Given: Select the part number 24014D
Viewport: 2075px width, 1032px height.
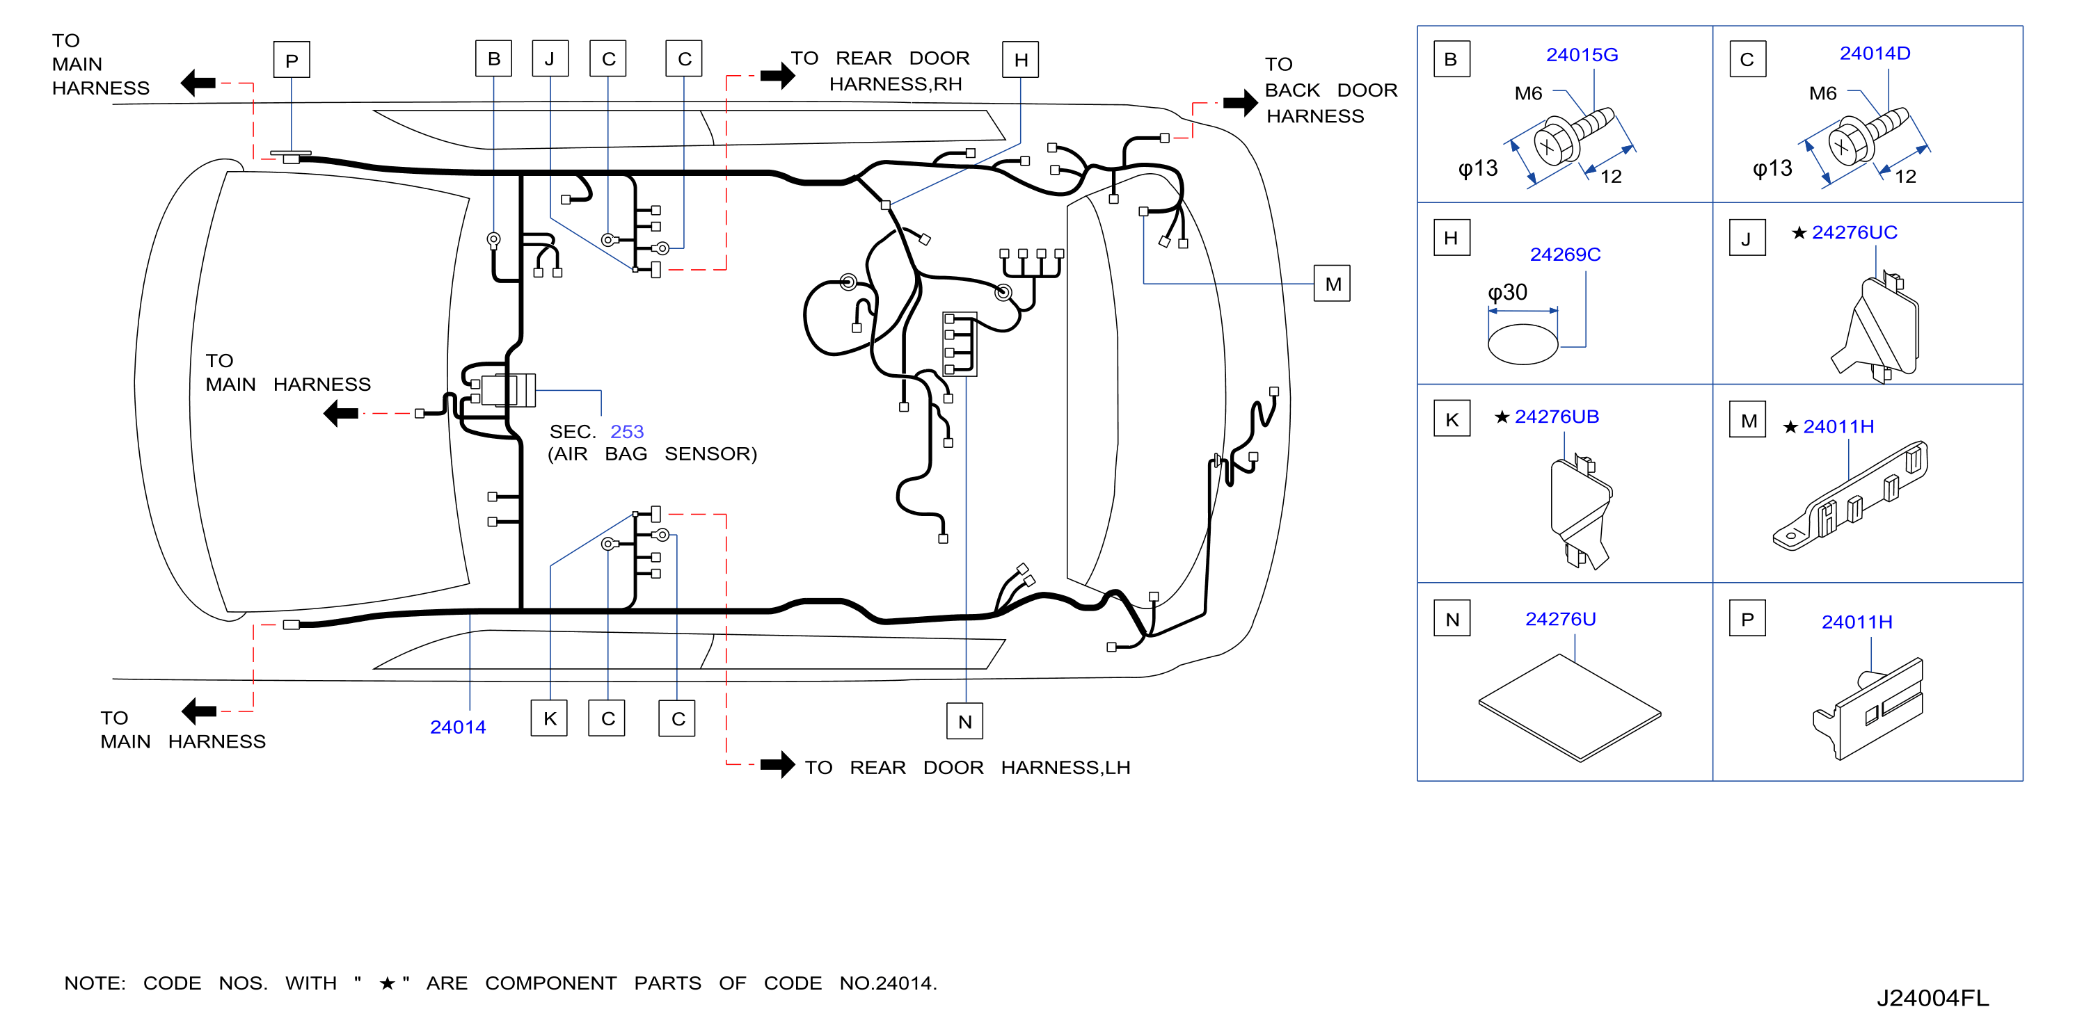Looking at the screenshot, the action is pyautogui.click(x=1875, y=53).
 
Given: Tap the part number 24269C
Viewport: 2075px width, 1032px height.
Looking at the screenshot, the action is pyautogui.click(x=1564, y=255).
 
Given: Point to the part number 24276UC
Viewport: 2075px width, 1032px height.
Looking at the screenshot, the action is pyautogui.click(x=1854, y=233).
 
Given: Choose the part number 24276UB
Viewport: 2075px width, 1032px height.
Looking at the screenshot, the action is pyautogui.click(x=1556, y=417).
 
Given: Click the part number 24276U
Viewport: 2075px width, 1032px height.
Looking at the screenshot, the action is pyautogui.click(x=1559, y=619).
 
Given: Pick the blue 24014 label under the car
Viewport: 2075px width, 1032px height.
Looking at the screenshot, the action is pyautogui.click(x=458, y=727).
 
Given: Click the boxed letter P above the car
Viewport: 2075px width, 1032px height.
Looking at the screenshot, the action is pyautogui.click(x=292, y=60).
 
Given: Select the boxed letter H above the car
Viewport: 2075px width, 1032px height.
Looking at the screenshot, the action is pyautogui.click(x=1021, y=60).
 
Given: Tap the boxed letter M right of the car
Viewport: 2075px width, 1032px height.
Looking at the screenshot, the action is pyautogui.click(x=1333, y=283).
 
